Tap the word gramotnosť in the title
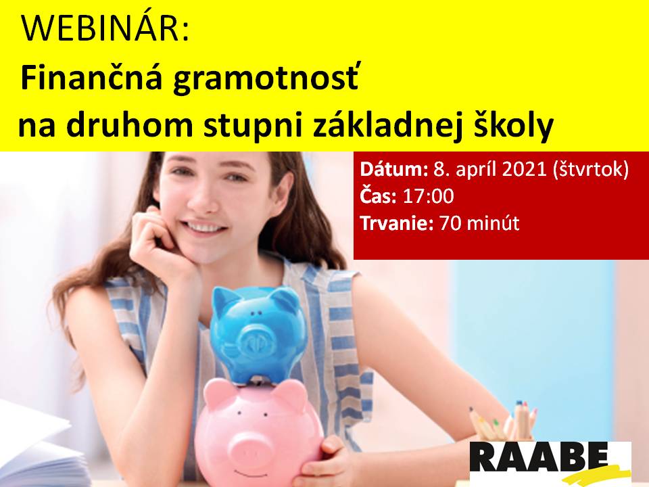[266, 80]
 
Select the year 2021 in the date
[525, 169]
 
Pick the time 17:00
[429, 196]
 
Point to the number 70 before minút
[450, 224]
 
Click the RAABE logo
[550, 462]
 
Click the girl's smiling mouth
[207, 227]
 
